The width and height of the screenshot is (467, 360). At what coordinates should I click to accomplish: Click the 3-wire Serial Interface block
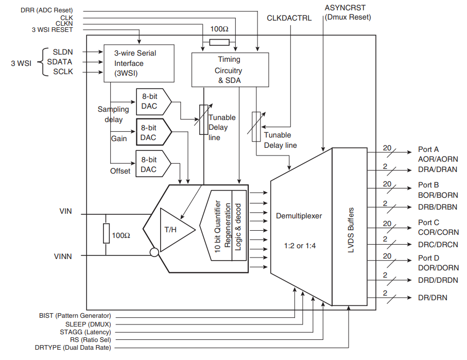(x=139, y=63)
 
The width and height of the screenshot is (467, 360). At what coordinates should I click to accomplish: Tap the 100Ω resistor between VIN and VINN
(x=107, y=233)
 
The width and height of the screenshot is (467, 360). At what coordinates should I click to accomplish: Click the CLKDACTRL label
(x=289, y=18)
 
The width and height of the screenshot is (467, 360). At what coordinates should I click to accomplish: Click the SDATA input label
(x=60, y=62)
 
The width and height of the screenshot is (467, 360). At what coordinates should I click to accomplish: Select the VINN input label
(x=63, y=256)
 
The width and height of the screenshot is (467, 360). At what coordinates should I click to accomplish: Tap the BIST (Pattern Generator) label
(x=75, y=316)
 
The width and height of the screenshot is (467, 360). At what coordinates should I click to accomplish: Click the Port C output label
(x=428, y=222)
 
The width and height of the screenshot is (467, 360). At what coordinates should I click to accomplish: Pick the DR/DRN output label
(x=433, y=298)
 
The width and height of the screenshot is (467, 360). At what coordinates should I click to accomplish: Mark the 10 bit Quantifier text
(x=218, y=226)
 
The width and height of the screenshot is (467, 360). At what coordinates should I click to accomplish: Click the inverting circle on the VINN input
(x=153, y=252)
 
